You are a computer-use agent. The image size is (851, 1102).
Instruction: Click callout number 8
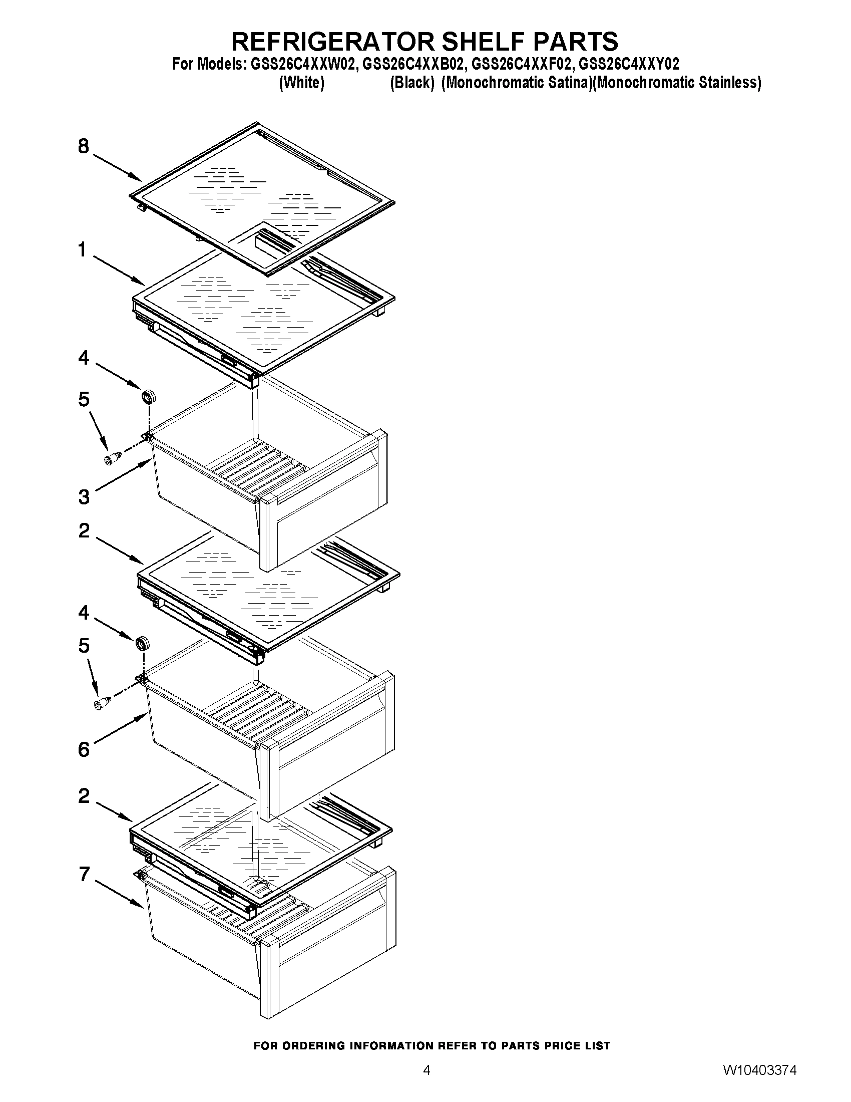(x=84, y=147)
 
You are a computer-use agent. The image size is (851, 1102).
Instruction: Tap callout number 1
(x=82, y=250)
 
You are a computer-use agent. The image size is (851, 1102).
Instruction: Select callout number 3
(x=84, y=497)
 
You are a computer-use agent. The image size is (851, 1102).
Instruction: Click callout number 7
(x=84, y=874)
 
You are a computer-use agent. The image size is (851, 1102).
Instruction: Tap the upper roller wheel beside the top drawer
(x=148, y=396)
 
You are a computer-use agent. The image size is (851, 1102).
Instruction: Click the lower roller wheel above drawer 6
(x=143, y=643)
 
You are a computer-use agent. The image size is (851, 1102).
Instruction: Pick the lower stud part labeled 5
(x=103, y=702)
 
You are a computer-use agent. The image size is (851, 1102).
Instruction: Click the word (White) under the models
(x=301, y=82)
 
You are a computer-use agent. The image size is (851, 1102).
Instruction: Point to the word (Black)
(x=412, y=82)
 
